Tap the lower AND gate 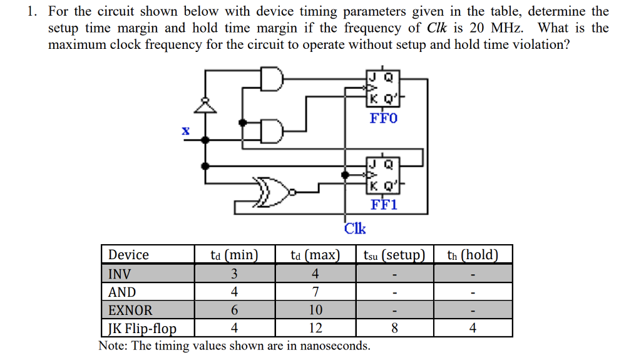point(272,131)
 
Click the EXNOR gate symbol point(273,190)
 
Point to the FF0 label point(383,118)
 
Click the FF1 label point(384,205)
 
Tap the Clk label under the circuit point(355,229)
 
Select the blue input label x point(185,131)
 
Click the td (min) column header point(234,255)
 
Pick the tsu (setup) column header point(394,255)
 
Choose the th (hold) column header point(473,255)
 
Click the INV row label point(120,274)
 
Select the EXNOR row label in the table point(130,310)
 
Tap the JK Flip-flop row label point(142,328)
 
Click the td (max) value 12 point(315,328)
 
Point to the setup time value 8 point(394,328)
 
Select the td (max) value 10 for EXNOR point(315,310)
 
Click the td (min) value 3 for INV point(234,274)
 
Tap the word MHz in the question point(507,28)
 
